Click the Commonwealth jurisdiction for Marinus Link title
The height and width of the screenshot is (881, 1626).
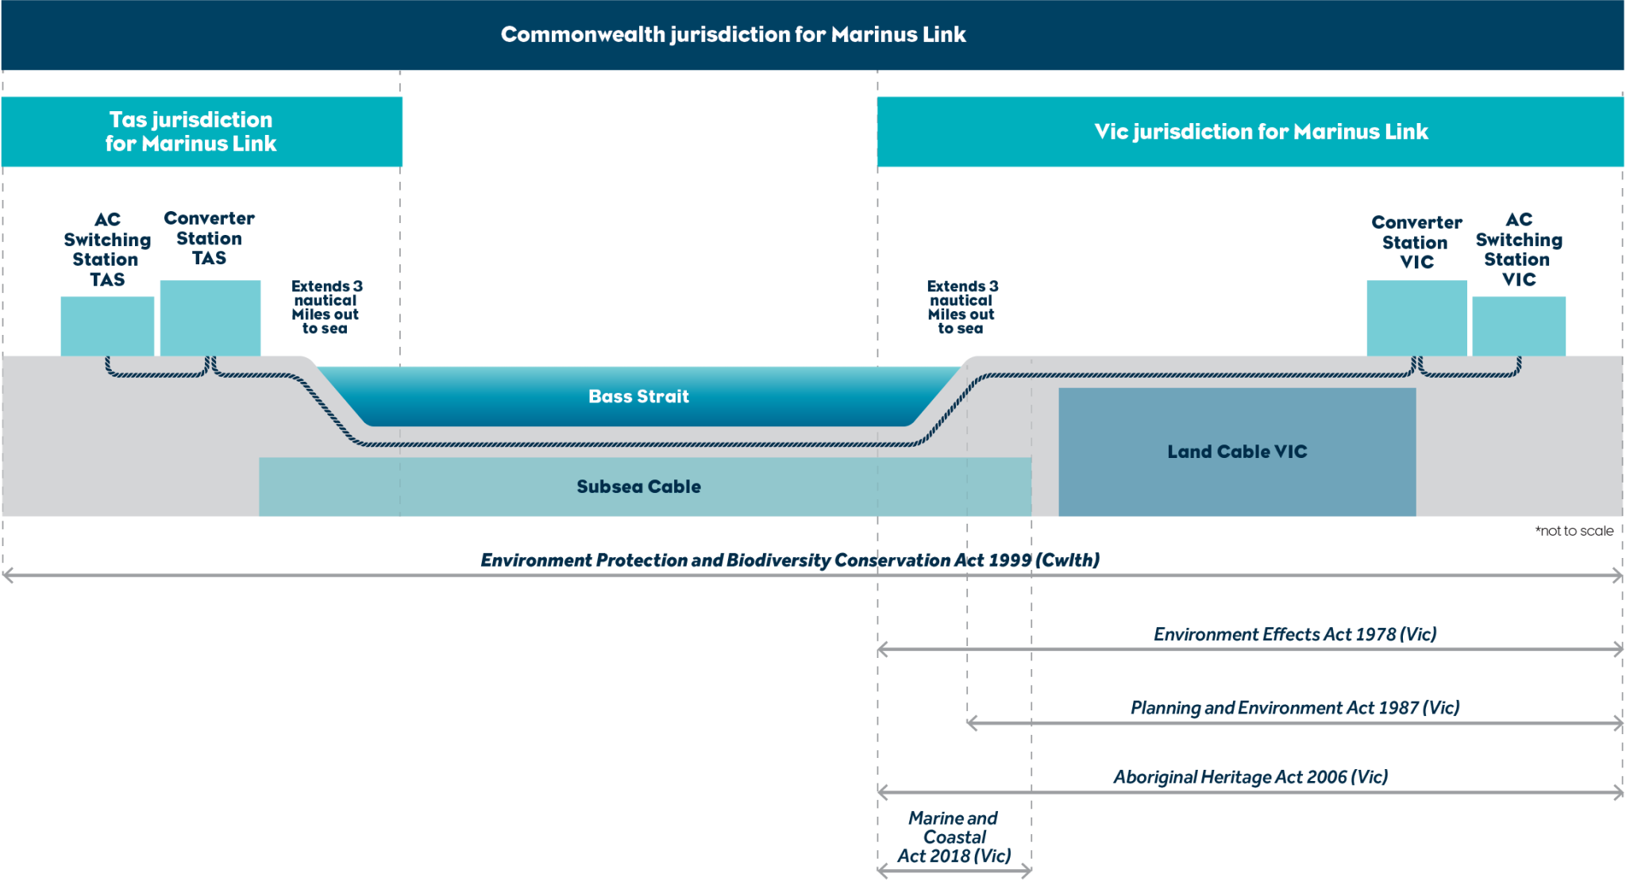733,35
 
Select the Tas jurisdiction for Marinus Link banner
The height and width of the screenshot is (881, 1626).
191,132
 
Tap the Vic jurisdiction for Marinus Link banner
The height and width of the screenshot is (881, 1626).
1261,132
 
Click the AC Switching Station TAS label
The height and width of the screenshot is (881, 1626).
107,249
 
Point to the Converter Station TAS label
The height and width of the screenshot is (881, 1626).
209,238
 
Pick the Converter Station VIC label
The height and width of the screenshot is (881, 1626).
1416,242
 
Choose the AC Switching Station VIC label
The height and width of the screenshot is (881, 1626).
1518,249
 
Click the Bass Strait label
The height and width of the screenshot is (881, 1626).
638,396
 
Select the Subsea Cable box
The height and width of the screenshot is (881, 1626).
638,487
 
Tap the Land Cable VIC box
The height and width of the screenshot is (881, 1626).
1236,452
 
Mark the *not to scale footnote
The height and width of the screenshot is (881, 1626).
1574,531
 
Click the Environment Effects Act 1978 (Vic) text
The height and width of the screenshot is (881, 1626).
1295,634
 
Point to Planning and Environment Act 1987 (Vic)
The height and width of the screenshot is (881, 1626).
1295,707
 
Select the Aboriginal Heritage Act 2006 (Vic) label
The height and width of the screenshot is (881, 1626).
1250,777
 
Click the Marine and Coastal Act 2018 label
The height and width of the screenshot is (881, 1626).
954,837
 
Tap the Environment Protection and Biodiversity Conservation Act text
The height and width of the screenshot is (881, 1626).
790,560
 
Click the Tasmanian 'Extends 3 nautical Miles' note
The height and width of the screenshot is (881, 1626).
326,307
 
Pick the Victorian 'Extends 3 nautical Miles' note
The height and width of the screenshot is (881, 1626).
961,307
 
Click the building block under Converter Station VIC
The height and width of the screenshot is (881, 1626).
1416,318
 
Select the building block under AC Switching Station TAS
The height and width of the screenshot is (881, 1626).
107,326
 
